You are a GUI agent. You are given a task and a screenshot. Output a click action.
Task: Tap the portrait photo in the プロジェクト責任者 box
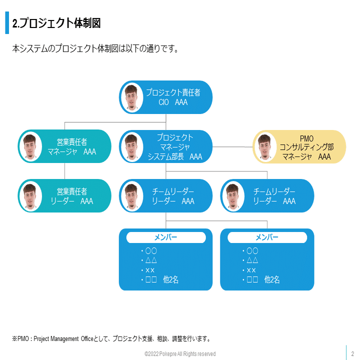[131, 97]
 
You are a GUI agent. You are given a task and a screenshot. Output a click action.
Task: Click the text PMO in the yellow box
[306, 138]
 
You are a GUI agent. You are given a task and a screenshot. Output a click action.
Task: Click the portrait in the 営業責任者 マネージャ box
[30, 146]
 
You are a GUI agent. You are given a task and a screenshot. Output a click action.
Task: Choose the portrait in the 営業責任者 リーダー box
[30, 196]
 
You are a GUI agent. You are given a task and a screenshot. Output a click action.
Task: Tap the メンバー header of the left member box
[166, 237]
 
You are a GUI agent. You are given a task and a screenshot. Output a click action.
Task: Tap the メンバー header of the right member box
[267, 237]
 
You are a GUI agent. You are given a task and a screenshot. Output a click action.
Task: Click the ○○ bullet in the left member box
[151, 250]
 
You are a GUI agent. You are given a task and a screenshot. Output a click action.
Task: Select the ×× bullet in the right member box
[252, 270]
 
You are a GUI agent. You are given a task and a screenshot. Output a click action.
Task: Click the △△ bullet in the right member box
[252, 260]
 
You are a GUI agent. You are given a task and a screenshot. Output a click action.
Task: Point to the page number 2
[352, 353]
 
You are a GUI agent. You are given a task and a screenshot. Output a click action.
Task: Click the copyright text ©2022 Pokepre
[180, 353]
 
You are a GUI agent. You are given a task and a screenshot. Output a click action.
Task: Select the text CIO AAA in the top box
[173, 102]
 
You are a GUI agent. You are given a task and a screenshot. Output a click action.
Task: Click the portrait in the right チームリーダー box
[232, 196]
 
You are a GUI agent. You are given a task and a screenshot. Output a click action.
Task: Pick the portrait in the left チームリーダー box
[131, 196]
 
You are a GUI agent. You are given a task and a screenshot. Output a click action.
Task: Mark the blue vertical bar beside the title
[7, 23]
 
